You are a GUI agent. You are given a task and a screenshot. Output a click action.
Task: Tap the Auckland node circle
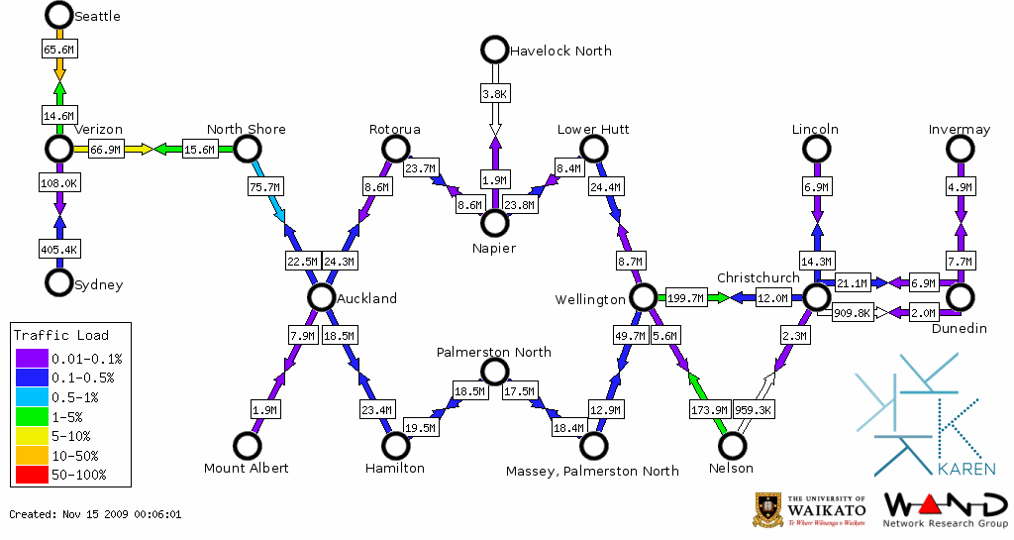320,297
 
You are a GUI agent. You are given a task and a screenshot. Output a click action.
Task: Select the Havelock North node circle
493,49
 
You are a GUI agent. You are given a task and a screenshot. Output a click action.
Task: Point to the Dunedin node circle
959,297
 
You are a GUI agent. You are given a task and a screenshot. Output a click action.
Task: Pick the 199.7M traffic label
685,297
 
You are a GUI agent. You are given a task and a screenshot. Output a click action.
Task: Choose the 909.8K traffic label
852,312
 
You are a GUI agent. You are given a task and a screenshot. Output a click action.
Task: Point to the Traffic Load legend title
61,335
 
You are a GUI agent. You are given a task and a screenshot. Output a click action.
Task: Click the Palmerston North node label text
494,353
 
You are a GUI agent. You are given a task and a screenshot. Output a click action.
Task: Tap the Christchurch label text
758,277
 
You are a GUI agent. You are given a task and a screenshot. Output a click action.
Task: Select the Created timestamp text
95,514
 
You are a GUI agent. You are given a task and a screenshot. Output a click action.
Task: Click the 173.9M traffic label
708,408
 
